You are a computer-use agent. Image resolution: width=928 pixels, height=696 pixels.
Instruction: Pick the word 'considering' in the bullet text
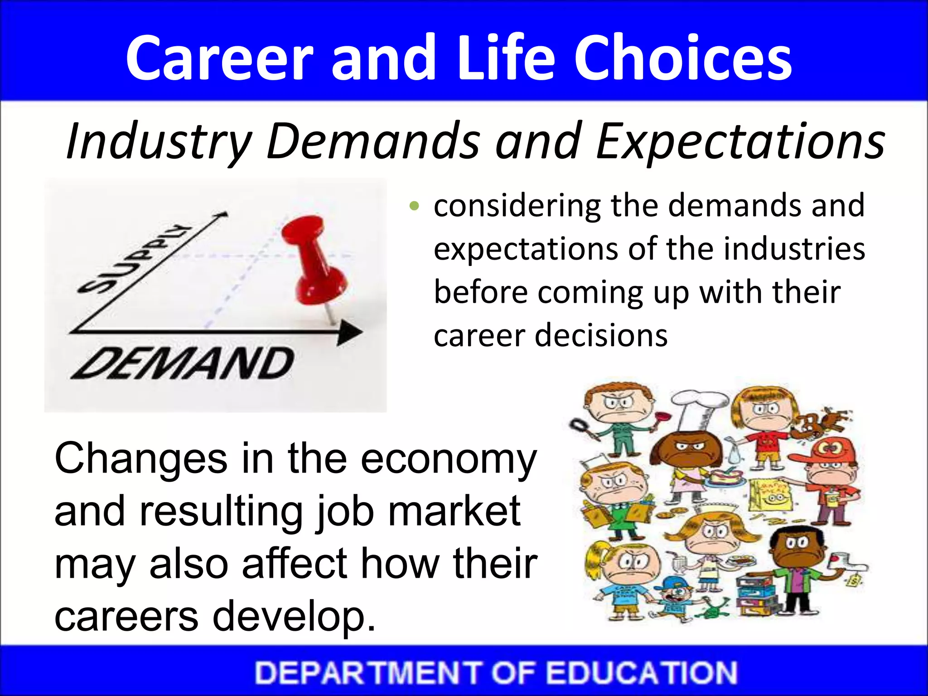[517, 206]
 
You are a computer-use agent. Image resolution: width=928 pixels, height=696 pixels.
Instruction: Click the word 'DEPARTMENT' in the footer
[367, 672]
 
